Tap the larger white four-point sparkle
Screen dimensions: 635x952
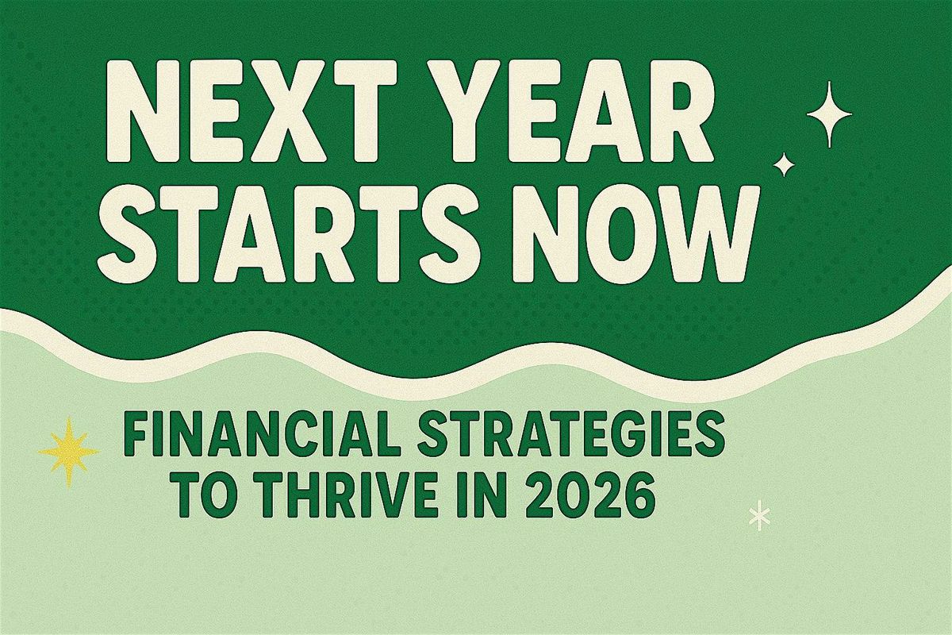pyautogui.click(x=829, y=116)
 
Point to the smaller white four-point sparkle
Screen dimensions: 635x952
pyautogui.click(x=784, y=164)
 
